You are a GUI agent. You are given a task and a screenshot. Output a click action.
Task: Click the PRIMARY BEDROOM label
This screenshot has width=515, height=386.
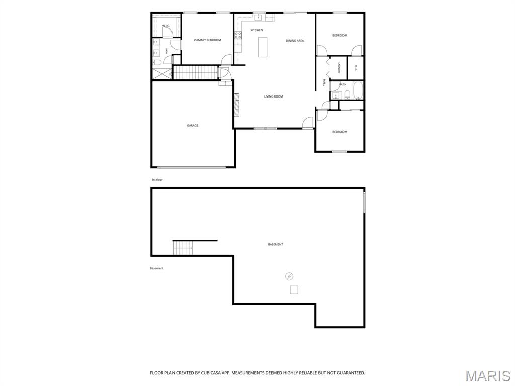coord(207,40)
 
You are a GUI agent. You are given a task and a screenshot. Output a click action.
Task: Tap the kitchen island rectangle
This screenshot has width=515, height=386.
coord(262,47)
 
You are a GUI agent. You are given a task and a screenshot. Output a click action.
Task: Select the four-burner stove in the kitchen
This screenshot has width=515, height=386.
coord(238,35)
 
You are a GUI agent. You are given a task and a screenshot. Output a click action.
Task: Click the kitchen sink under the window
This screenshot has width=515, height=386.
coord(258,17)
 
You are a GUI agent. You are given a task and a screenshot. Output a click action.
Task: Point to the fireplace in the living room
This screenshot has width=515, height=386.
coord(236,105)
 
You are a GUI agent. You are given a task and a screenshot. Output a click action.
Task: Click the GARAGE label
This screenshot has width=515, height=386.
coord(193,125)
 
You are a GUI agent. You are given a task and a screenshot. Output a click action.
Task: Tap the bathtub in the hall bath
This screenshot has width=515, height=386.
coord(358,90)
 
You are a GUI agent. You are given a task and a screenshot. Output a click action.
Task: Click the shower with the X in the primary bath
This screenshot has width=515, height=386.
coord(162,74)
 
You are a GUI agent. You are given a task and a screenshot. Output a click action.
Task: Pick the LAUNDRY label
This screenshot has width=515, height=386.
coord(339,68)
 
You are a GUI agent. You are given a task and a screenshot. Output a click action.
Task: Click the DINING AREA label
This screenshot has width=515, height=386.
coord(295,41)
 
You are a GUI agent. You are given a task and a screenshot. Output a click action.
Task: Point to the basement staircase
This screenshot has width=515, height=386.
coord(183,248)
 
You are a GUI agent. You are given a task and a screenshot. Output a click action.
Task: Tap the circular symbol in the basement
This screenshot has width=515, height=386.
coord(289,276)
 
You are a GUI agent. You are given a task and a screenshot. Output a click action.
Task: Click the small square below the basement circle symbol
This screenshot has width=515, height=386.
coord(294,290)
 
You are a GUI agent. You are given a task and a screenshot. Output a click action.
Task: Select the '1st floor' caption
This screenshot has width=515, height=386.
coord(157,180)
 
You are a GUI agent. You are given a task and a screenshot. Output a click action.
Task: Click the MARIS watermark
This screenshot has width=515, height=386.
coord(488,376)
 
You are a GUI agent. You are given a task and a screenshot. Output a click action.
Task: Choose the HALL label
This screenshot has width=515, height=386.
coord(324,82)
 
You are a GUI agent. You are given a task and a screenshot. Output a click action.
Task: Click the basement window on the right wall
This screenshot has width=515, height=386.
coord(364,203)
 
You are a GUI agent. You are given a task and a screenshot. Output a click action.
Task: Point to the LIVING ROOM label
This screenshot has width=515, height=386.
coord(273,96)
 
